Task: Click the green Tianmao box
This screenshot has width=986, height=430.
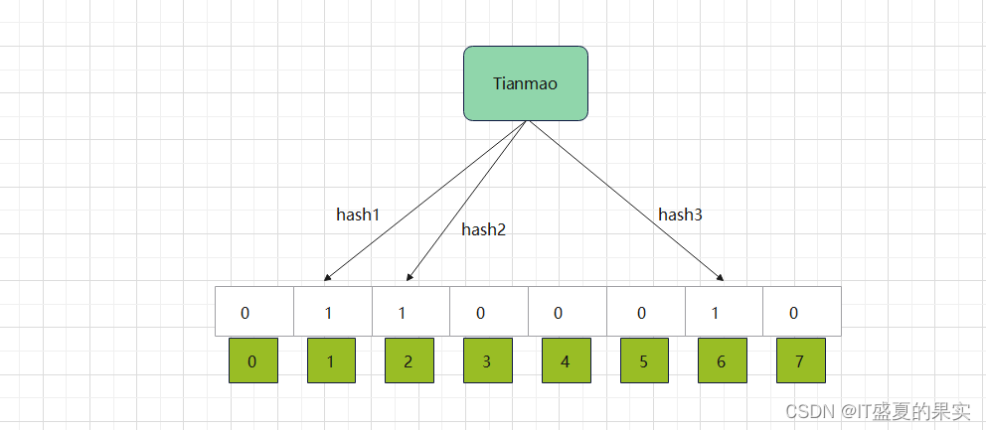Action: (526, 83)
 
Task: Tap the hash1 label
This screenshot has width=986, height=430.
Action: (358, 214)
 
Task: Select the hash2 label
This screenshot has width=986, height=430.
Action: (483, 229)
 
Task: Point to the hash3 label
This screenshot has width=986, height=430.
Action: (680, 214)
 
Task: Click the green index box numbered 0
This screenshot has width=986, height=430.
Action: (252, 360)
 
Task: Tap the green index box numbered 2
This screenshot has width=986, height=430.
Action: (409, 360)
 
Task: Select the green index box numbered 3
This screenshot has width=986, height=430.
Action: (487, 360)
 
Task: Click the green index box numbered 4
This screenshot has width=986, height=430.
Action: (566, 360)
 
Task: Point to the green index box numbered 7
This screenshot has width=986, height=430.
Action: (800, 360)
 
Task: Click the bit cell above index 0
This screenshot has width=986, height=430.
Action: (254, 312)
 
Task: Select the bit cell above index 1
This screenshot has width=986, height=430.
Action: (333, 312)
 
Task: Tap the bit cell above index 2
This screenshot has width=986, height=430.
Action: (411, 312)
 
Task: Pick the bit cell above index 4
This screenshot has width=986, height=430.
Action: (567, 312)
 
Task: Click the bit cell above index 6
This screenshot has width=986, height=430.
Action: (724, 312)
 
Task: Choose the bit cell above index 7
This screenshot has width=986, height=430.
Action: (801, 312)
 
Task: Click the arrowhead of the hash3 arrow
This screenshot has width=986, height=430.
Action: (721, 279)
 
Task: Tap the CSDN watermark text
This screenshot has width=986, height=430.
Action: (878, 411)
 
